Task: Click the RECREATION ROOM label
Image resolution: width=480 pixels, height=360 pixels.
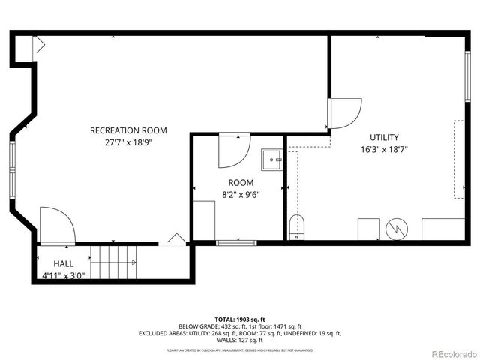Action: [x=128, y=130]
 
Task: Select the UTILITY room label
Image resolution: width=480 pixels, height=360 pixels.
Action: [x=384, y=137]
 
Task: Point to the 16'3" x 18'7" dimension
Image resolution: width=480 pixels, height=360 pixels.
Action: [x=384, y=149]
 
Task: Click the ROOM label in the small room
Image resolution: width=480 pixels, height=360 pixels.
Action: [x=241, y=182]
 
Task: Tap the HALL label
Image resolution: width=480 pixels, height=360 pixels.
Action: [x=63, y=264]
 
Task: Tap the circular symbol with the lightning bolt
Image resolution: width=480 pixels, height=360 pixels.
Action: [x=394, y=228]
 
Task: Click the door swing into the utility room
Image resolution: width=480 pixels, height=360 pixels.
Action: [x=345, y=112]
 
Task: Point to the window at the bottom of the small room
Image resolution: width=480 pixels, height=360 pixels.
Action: [x=236, y=242]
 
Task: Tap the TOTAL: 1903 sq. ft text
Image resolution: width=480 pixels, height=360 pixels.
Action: [x=240, y=319]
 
